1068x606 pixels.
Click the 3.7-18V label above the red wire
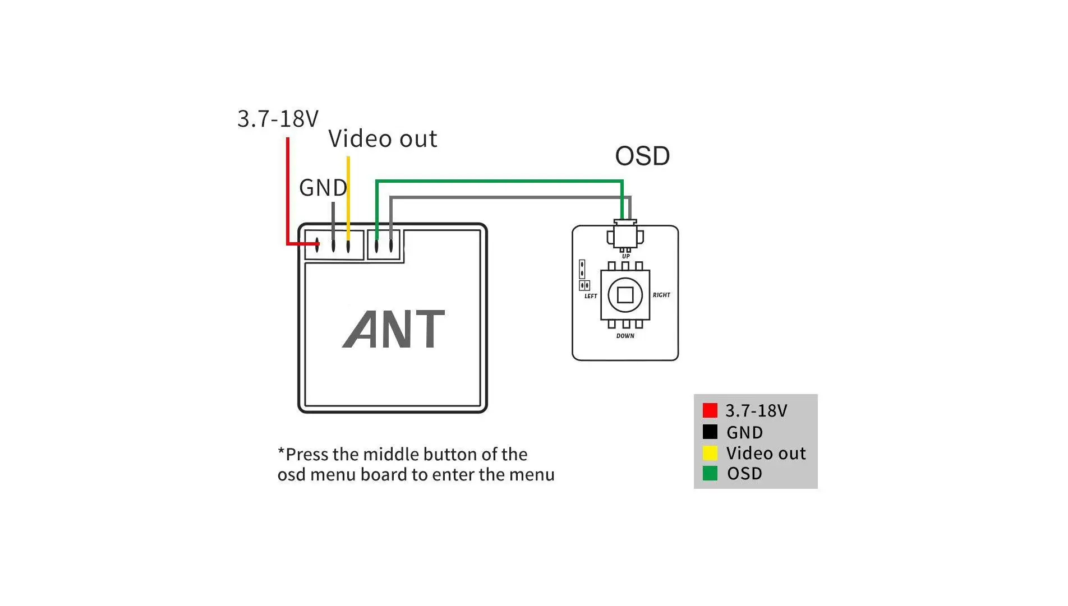coord(278,119)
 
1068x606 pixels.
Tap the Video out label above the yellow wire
coord(383,139)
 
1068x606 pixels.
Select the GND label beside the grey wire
coord(323,188)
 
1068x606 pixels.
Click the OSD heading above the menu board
coord(642,156)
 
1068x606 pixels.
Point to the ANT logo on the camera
coord(394,329)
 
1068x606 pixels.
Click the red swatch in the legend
coord(710,410)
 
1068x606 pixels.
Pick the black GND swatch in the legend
coord(710,432)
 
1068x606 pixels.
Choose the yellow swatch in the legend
coord(710,453)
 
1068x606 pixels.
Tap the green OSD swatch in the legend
coord(710,474)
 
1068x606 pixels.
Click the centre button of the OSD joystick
coord(625,295)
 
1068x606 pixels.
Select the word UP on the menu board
coord(625,257)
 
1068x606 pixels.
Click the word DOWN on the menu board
coord(625,336)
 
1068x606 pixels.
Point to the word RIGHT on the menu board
coord(661,295)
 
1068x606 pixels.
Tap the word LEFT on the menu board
coord(591,296)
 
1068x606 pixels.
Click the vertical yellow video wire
coord(348,196)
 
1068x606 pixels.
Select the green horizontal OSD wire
coord(499,181)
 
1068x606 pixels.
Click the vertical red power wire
coord(288,191)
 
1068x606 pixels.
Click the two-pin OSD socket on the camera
coord(384,245)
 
